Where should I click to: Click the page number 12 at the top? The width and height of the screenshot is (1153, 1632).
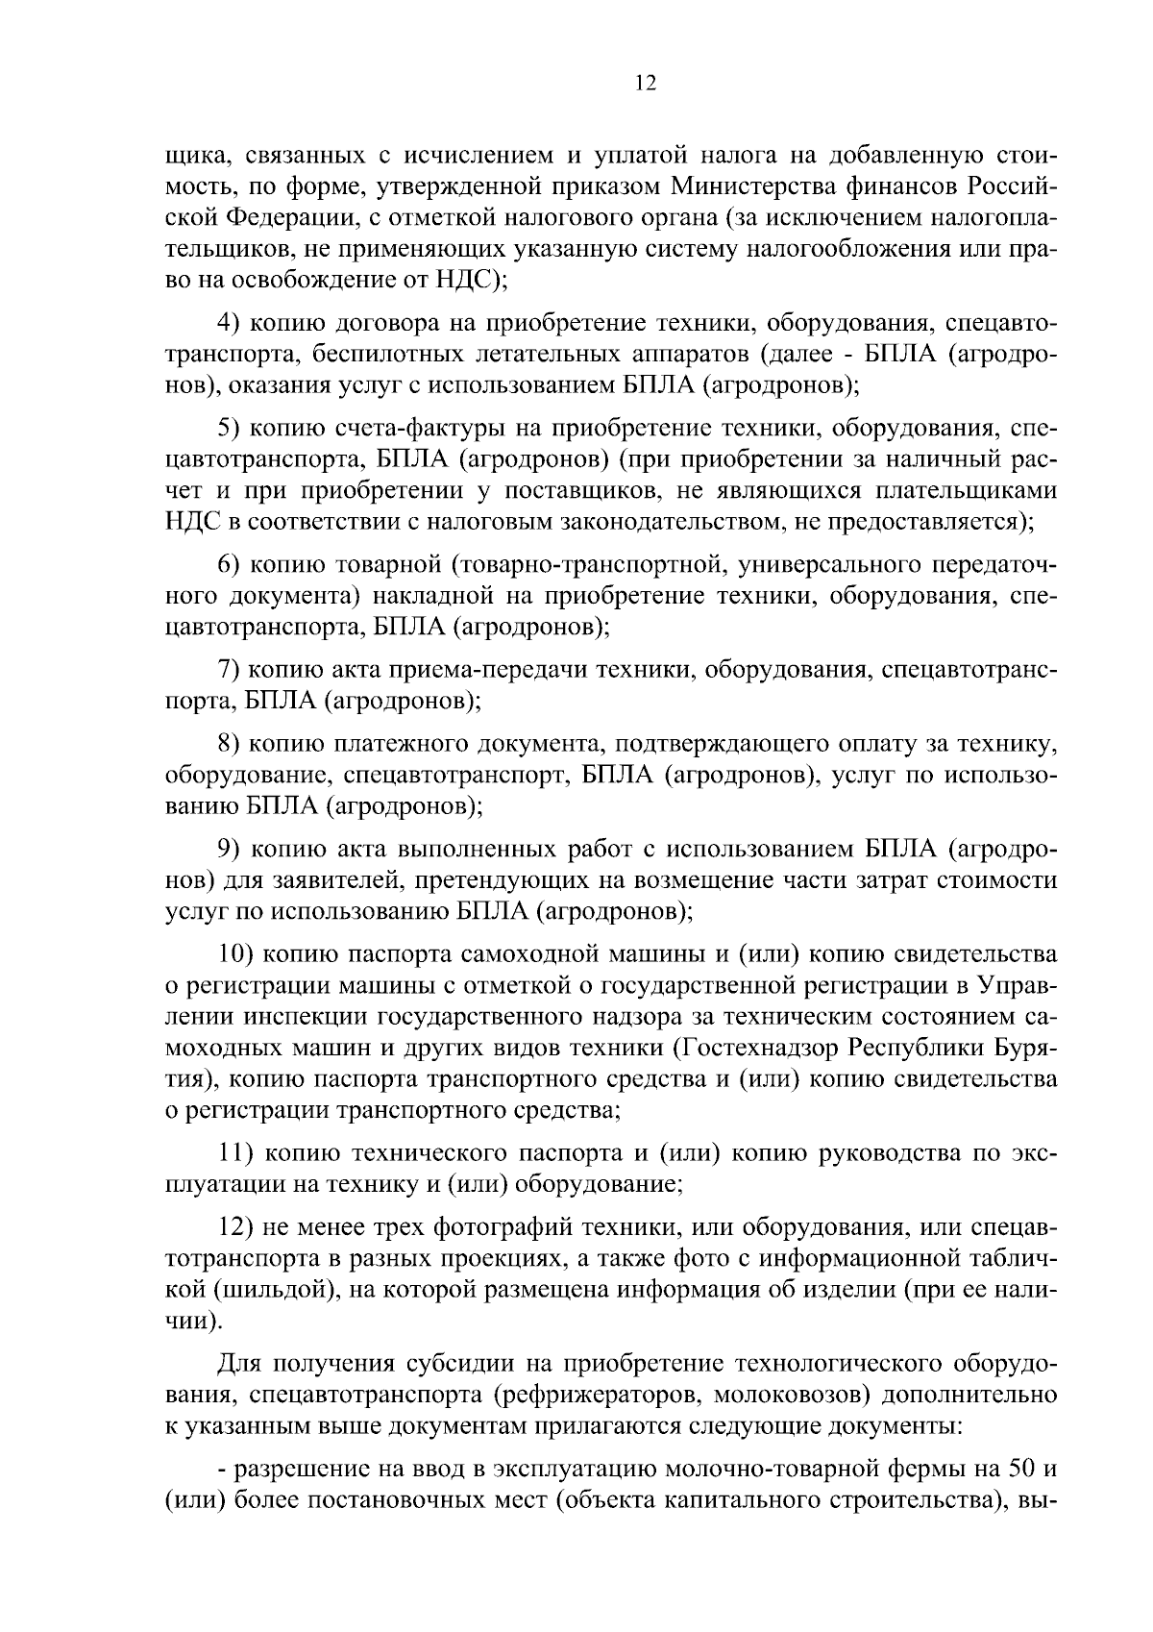pos(646,84)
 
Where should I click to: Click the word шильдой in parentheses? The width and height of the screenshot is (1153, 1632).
pos(287,1290)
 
